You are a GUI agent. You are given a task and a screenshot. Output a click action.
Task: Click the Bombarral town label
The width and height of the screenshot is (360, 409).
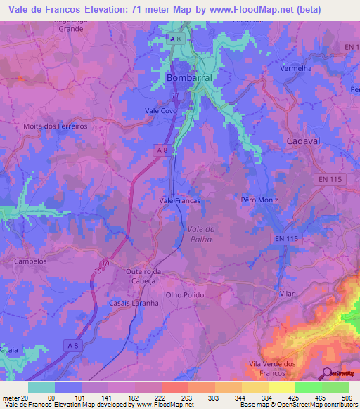click(189, 79)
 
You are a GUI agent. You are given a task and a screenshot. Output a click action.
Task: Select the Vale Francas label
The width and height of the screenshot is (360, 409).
click(180, 200)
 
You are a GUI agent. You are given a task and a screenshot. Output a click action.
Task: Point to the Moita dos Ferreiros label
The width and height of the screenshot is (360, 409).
click(56, 126)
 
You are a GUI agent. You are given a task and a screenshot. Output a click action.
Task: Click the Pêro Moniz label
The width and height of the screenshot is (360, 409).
click(259, 200)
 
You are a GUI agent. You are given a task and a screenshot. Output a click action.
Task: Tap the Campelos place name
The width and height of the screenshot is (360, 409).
click(30, 261)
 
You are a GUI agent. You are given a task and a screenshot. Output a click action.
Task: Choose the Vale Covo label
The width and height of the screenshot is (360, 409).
click(160, 111)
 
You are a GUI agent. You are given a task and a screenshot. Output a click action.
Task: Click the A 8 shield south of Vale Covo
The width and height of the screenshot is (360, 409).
click(162, 150)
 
